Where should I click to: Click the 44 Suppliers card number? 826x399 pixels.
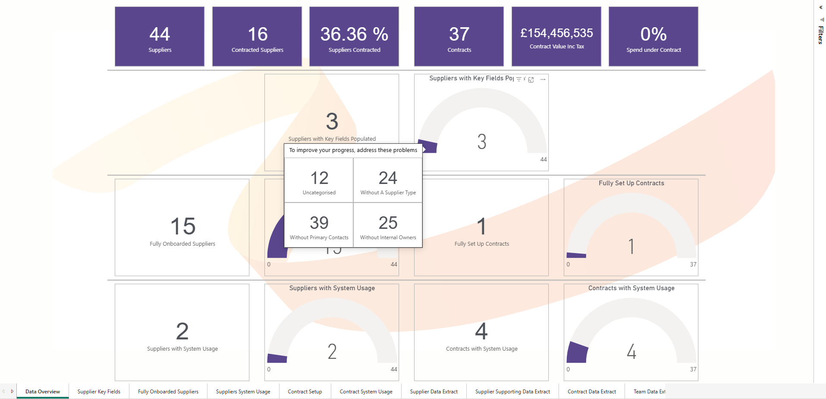(160, 34)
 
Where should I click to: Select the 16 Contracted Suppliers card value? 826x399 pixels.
(258, 34)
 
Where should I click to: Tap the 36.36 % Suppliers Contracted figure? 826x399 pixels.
(354, 34)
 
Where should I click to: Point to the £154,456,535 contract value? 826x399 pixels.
(556, 33)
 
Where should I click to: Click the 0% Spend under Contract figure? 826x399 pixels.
(653, 34)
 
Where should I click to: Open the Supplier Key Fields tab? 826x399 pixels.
(99, 392)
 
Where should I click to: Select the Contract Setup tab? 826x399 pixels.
(305, 392)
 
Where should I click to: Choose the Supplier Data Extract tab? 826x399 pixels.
(433, 392)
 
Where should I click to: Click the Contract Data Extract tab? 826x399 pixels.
(591, 392)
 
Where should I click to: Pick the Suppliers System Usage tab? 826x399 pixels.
(243, 392)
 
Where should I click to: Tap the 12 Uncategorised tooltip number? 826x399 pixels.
(319, 178)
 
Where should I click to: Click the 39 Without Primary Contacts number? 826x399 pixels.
(319, 223)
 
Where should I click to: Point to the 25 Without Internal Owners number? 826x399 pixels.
(388, 223)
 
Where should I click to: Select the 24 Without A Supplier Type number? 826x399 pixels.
(388, 178)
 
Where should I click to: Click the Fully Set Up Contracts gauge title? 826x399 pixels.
(631, 183)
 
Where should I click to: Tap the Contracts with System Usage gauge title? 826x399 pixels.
(631, 288)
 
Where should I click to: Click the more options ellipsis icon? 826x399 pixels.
(543, 79)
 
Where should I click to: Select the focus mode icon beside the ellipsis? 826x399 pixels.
(531, 79)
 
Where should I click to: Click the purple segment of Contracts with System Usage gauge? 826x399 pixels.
(577, 352)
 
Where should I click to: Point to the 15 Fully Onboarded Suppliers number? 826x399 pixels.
(183, 226)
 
